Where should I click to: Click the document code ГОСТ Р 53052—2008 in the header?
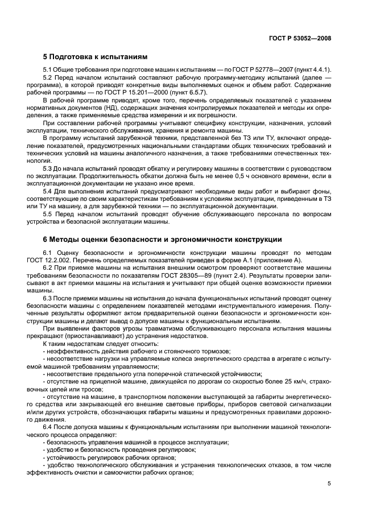pyautogui.click(x=300, y=39)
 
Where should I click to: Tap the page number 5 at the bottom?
pyautogui.click(x=329, y=484)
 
